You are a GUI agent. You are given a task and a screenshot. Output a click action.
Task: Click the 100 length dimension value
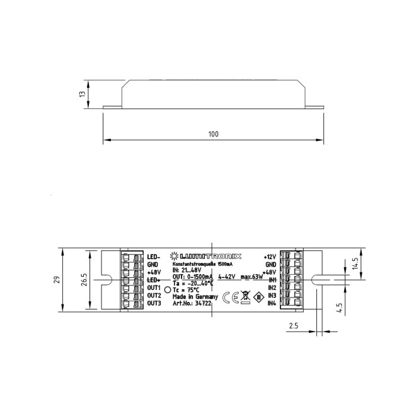point(212,134)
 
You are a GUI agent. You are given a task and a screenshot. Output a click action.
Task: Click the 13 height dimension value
point(81,93)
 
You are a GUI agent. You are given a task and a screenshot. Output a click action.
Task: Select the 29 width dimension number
point(56,279)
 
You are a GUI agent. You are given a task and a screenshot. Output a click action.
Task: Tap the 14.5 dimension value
point(355,262)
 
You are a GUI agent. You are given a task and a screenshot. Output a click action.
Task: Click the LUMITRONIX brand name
point(210,257)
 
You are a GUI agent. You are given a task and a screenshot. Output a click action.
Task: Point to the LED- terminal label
point(154,257)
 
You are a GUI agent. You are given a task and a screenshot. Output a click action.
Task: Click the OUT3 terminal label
point(154,303)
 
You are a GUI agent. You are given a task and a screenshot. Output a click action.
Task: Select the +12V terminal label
point(270,257)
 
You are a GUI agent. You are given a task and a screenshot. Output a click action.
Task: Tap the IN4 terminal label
point(272,304)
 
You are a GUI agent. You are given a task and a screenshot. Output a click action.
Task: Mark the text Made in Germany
point(195,296)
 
